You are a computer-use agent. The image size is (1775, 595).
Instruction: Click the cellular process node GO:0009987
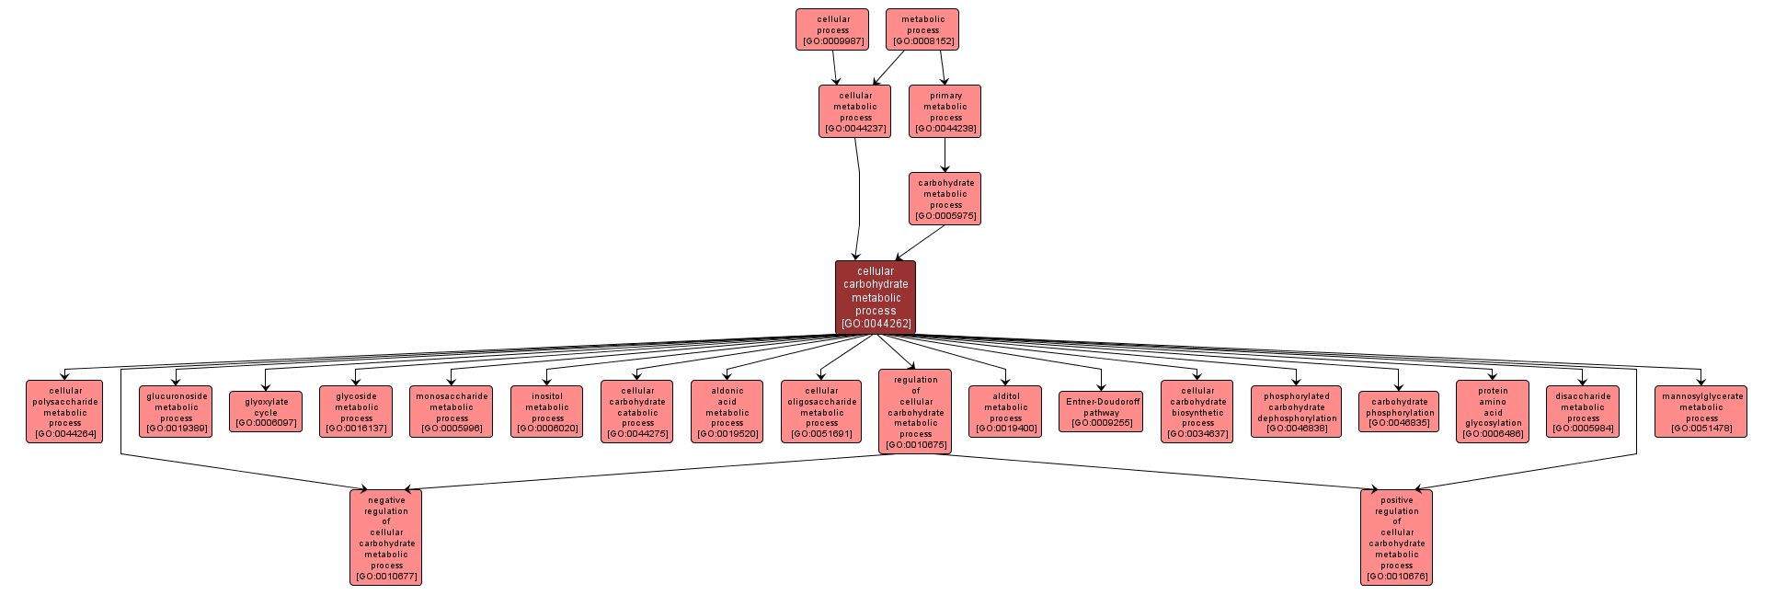click(x=832, y=29)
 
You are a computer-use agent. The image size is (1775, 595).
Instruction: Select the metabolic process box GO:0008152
click(x=922, y=29)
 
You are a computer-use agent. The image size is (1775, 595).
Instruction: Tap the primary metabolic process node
click(x=945, y=111)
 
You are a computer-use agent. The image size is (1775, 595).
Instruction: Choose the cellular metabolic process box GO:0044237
click(x=855, y=111)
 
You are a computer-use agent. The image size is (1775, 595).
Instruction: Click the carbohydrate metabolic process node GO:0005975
click(x=945, y=199)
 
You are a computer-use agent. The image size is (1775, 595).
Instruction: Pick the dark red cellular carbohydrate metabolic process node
click(x=876, y=297)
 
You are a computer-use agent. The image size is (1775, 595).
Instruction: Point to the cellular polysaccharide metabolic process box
click(x=64, y=411)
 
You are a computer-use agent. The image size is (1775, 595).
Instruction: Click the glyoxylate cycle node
click(x=266, y=411)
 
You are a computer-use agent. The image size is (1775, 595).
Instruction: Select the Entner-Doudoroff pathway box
click(x=1102, y=411)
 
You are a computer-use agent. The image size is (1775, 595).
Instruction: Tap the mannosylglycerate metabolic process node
click(x=1701, y=411)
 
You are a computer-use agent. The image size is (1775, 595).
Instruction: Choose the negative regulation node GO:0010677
click(x=385, y=538)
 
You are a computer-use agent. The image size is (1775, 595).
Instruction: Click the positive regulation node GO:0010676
click(x=1396, y=538)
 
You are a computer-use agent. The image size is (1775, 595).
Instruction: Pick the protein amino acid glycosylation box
click(x=1493, y=411)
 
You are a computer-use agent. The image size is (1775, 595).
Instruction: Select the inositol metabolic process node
click(x=547, y=411)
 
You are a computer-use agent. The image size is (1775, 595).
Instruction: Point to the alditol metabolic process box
click(x=1005, y=411)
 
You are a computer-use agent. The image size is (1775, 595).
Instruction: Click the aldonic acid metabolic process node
click(x=727, y=411)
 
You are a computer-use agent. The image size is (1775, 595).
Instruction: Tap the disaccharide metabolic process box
click(x=1583, y=411)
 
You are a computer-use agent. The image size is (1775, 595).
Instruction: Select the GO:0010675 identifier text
click(x=915, y=445)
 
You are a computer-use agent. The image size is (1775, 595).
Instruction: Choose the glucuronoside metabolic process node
click(x=176, y=411)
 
